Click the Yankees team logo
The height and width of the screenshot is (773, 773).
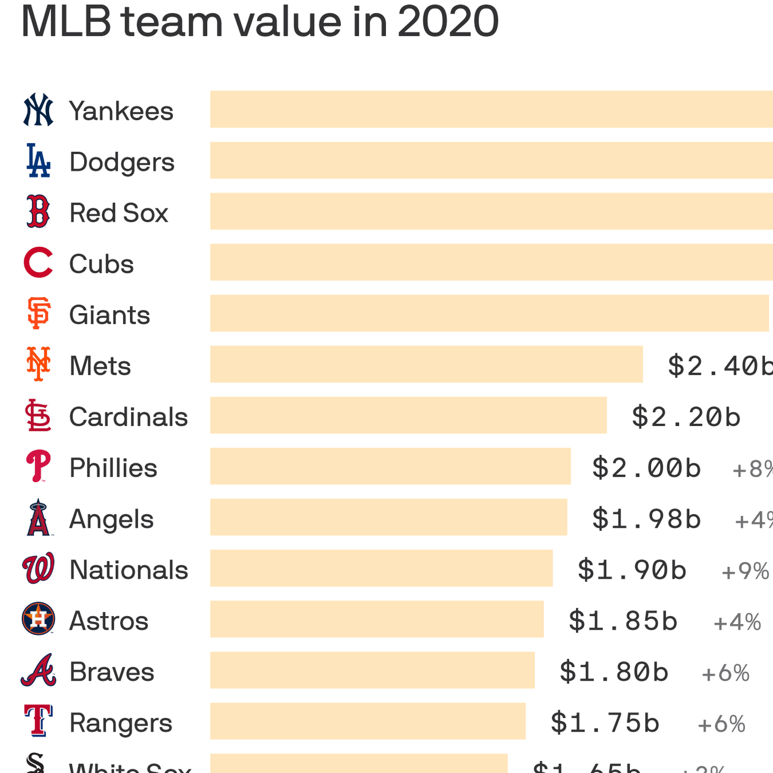[38, 110]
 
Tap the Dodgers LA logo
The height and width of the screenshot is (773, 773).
[38, 160]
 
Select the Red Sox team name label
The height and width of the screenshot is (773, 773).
[119, 213]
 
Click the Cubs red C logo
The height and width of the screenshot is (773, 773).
[38, 263]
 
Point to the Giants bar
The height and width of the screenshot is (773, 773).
[489, 313]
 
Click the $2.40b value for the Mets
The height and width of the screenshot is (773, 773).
[720, 365]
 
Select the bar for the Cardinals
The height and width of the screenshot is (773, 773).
[408, 415]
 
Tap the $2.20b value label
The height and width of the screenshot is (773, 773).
[686, 416]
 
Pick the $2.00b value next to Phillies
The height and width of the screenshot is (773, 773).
[646, 468]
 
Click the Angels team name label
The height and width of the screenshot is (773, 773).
[112, 519]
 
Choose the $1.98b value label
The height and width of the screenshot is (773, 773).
[646, 519]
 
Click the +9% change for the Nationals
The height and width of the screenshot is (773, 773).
[745, 571]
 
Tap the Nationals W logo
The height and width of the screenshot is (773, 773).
[38, 569]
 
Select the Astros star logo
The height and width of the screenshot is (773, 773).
[38, 619]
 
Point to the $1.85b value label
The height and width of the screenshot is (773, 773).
[623, 621]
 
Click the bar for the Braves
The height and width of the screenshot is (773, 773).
[372, 670]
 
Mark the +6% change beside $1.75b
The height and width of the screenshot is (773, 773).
[721, 724]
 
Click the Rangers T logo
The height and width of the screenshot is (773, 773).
[38, 720]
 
